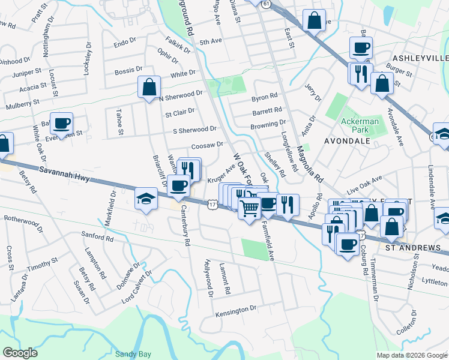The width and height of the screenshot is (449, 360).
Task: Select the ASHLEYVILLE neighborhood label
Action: click(x=420, y=58)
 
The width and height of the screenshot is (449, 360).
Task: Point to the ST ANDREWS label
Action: click(x=413, y=247)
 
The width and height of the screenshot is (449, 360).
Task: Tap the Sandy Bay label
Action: click(x=132, y=354)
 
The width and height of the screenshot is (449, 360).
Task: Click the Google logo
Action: click(x=20, y=353)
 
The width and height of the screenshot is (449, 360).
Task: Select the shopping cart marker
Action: click(x=250, y=208)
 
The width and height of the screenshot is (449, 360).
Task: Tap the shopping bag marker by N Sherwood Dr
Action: click(x=148, y=87)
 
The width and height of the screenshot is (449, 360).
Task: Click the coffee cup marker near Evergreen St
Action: click(x=61, y=124)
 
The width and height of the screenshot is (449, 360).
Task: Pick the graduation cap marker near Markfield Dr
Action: click(x=145, y=199)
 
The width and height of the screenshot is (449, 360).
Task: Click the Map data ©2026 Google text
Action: click(x=411, y=355)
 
